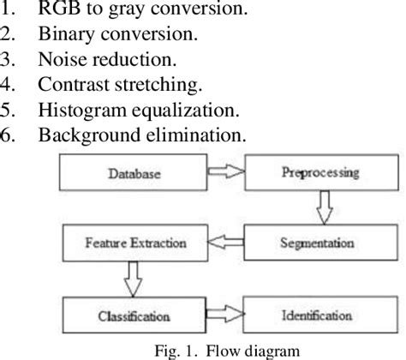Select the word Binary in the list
coord(61,37)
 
